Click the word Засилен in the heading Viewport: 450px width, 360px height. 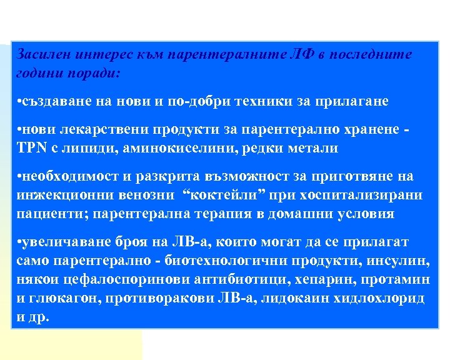click(43, 54)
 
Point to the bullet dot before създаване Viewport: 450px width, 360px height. click(20, 101)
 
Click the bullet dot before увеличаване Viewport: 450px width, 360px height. click(20, 241)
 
